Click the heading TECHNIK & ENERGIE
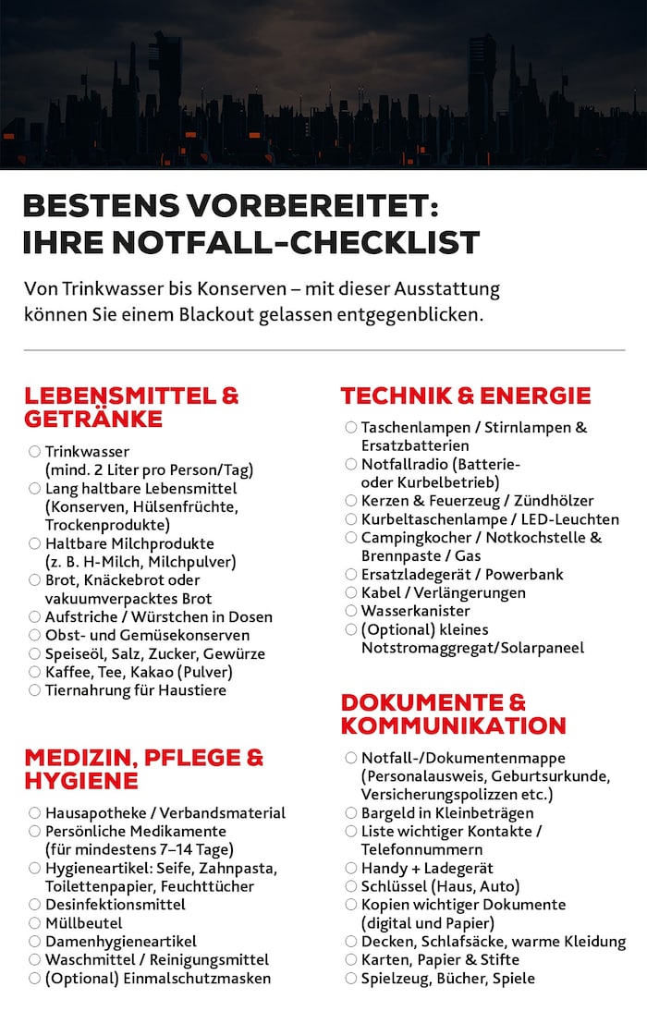click(x=465, y=396)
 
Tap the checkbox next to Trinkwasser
click(x=34, y=452)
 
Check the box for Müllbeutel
click(x=34, y=923)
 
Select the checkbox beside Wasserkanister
click(x=351, y=611)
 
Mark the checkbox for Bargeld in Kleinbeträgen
click(x=351, y=813)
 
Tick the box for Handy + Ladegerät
click(x=351, y=868)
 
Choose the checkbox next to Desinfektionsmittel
click(x=34, y=905)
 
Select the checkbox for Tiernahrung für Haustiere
click(x=34, y=690)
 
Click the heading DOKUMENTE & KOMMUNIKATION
click(x=453, y=713)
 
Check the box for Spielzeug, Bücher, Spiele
click(x=351, y=978)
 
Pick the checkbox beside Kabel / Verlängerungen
click(x=351, y=592)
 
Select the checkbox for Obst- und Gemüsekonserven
click(x=34, y=635)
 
